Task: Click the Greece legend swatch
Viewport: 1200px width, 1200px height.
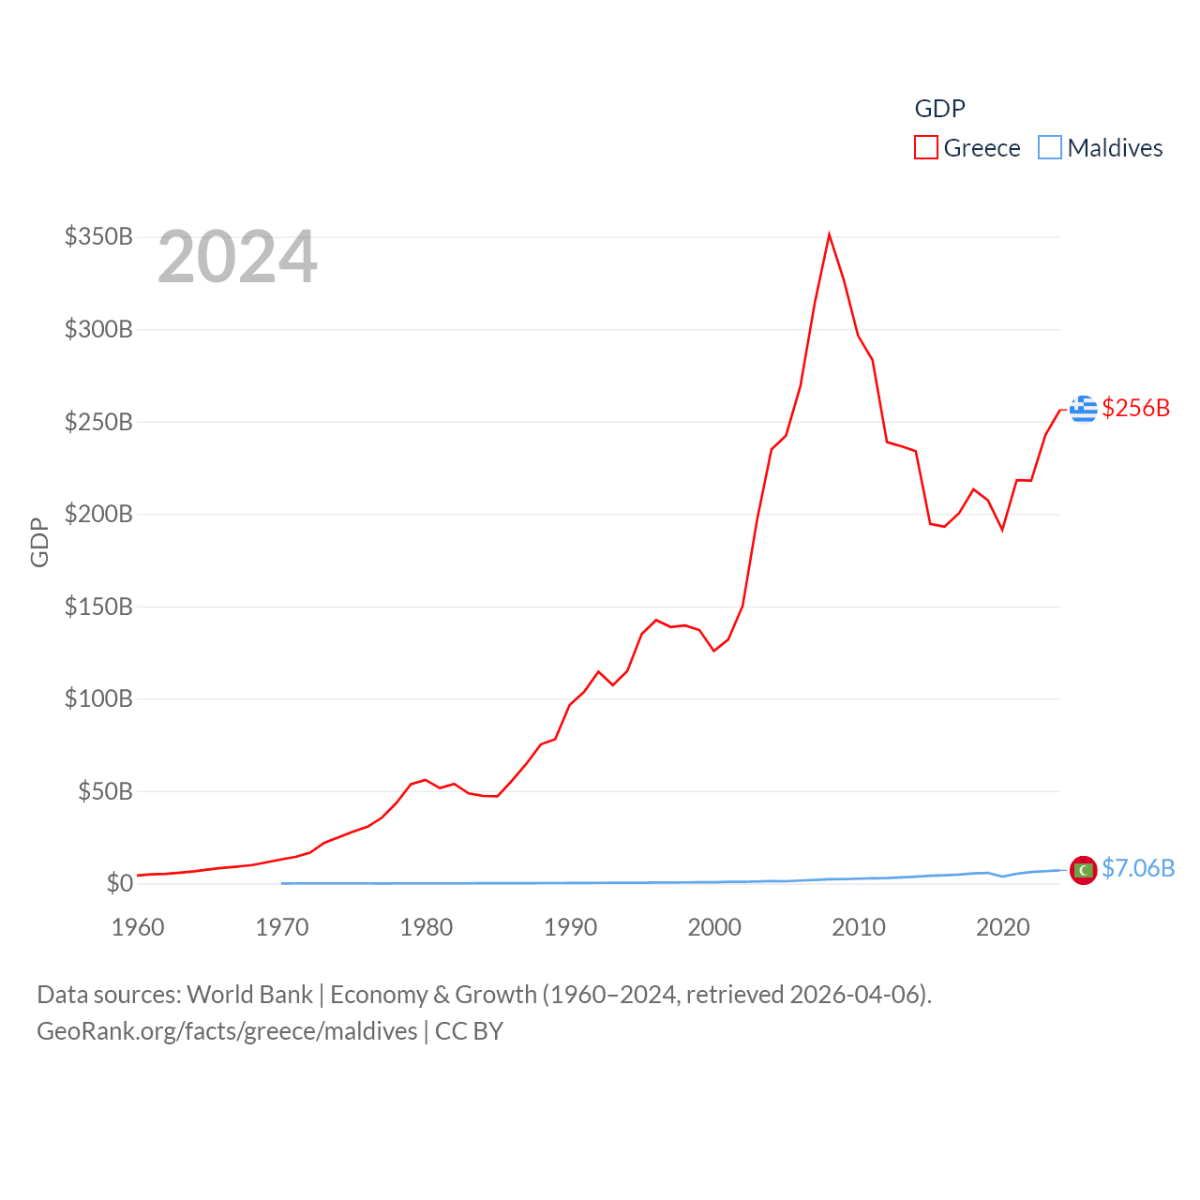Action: pyautogui.click(x=925, y=148)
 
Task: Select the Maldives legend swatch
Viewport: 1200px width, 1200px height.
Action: pyautogui.click(x=1050, y=148)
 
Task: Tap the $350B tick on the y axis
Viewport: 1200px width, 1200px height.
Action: pyautogui.click(x=98, y=236)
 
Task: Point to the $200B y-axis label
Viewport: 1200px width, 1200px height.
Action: pyautogui.click(x=98, y=514)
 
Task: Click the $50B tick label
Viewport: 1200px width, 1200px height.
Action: pyautogui.click(x=105, y=791)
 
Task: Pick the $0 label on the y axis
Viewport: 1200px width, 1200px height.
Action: pyautogui.click(x=119, y=883)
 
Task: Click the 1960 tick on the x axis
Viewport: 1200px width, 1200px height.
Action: pyautogui.click(x=138, y=927)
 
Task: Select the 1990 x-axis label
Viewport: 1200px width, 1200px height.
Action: pyautogui.click(x=570, y=927)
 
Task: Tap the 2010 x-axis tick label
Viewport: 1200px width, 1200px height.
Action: pyautogui.click(x=859, y=927)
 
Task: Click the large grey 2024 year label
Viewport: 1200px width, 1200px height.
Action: pyautogui.click(x=237, y=257)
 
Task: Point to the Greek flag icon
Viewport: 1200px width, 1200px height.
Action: pyautogui.click(x=1084, y=409)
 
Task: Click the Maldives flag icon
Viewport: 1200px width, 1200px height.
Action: pyautogui.click(x=1084, y=870)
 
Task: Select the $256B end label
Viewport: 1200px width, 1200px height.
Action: pyautogui.click(x=1136, y=408)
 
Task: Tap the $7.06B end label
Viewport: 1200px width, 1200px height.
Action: pyautogui.click(x=1138, y=868)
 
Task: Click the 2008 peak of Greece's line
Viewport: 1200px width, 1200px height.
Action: pyautogui.click(x=830, y=234)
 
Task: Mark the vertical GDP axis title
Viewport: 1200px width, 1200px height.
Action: pyautogui.click(x=39, y=542)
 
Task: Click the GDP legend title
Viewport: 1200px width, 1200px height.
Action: pyautogui.click(x=939, y=109)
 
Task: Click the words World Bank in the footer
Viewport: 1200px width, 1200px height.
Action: pyautogui.click(x=250, y=995)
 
